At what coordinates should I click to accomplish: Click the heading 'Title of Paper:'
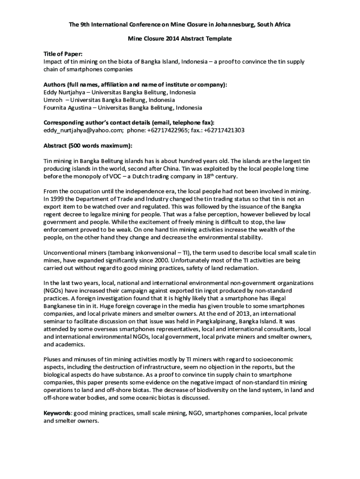63,54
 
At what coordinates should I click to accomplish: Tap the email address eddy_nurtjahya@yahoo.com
83,131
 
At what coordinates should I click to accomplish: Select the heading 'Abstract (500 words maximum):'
88,145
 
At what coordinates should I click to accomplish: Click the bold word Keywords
57,414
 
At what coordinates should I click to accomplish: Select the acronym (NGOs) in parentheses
53,291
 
